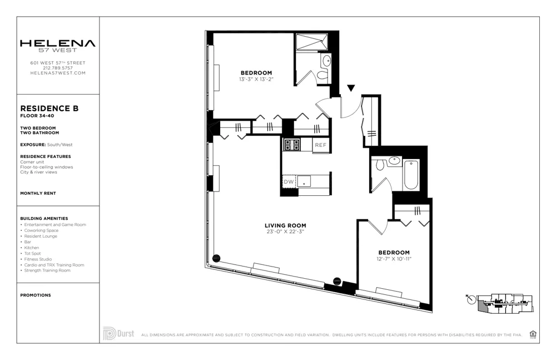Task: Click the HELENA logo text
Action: [x=58, y=43]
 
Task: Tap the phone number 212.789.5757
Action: [x=58, y=68]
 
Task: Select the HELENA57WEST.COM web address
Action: [x=58, y=73]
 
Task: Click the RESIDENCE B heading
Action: [x=49, y=109]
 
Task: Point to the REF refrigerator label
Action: [x=321, y=145]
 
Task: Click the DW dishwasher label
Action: [x=289, y=182]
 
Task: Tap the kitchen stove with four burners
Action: [x=292, y=145]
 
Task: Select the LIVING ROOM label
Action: [x=285, y=225]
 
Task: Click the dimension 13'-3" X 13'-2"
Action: [x=256, y=79]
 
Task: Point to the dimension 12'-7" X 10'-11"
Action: [x=394, y=259]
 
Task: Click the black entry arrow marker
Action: [x=351, y=88]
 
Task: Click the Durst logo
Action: [x=118, y=334]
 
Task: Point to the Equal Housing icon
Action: [x=533, y=334]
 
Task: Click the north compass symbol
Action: [x=471, y=300]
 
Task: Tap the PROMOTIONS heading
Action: [x=36, y=295]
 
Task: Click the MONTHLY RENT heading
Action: [x=38, y=193]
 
